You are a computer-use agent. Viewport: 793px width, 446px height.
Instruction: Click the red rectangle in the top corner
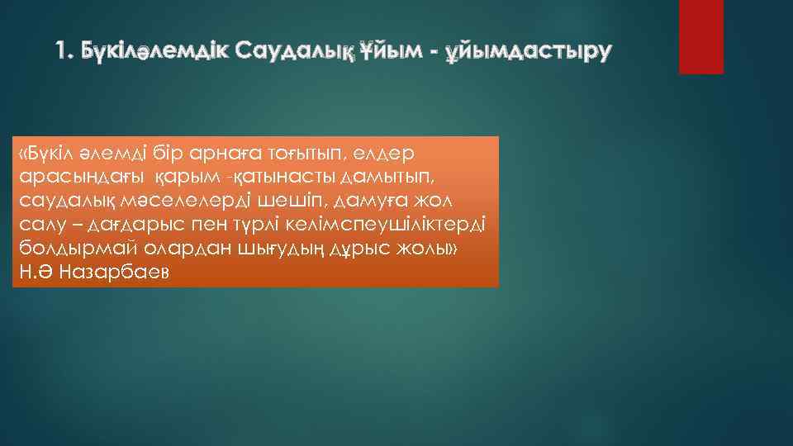(x=700, y=37)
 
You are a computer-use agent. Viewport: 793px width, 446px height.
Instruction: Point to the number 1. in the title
(x=65, y=51)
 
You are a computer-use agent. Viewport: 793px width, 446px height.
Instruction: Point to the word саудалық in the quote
(x=59, y=201)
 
